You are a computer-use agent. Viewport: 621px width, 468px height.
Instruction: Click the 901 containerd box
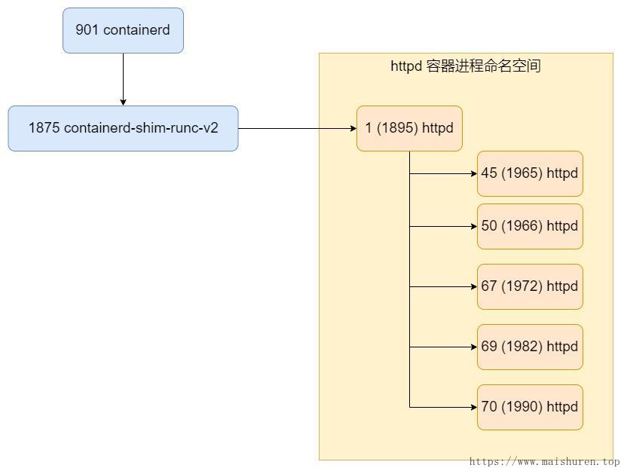click(x=123, y=31)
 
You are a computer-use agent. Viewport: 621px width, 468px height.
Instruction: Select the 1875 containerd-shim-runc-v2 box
click(x=123, y=128)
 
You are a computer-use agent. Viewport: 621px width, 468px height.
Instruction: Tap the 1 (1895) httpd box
click(x=409, y=128)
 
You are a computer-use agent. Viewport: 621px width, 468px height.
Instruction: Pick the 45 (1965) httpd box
click(x=530, y=173)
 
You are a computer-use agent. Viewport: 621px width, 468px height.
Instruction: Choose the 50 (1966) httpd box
click(x=530, y=226)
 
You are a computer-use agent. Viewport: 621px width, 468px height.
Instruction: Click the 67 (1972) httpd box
click(x=530, y=286)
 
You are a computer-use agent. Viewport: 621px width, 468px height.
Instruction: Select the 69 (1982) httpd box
click(x=530, y=347)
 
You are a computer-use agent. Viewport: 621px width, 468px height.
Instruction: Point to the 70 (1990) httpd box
click(x=530, y=407)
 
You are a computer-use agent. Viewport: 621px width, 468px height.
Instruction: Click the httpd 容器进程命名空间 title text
click(x=465, y=66)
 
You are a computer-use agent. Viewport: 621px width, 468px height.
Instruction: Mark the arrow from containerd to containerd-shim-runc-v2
click(x=123, y=79)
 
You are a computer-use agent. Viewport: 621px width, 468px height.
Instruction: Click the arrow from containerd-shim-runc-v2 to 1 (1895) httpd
click(x=297, y=128)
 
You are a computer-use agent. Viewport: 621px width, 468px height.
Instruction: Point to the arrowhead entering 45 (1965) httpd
click(x=473, y=173)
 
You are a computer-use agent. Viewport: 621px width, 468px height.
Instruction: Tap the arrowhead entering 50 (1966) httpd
click(x=473, y=226)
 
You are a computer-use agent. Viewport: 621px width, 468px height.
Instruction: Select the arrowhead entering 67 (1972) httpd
click(x=473, y=286)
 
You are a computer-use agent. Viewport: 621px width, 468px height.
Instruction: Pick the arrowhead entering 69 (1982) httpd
click(x=473, y=347)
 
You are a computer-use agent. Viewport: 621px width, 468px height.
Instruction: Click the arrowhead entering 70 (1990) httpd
click(x=473, y=407)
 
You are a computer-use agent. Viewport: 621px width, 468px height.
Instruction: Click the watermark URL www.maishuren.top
click(x=544, y=461)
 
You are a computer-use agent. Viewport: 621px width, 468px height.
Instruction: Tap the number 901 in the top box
click(x=87, y=30)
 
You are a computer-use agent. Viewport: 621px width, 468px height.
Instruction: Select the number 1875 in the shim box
click(x=44, y=128)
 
